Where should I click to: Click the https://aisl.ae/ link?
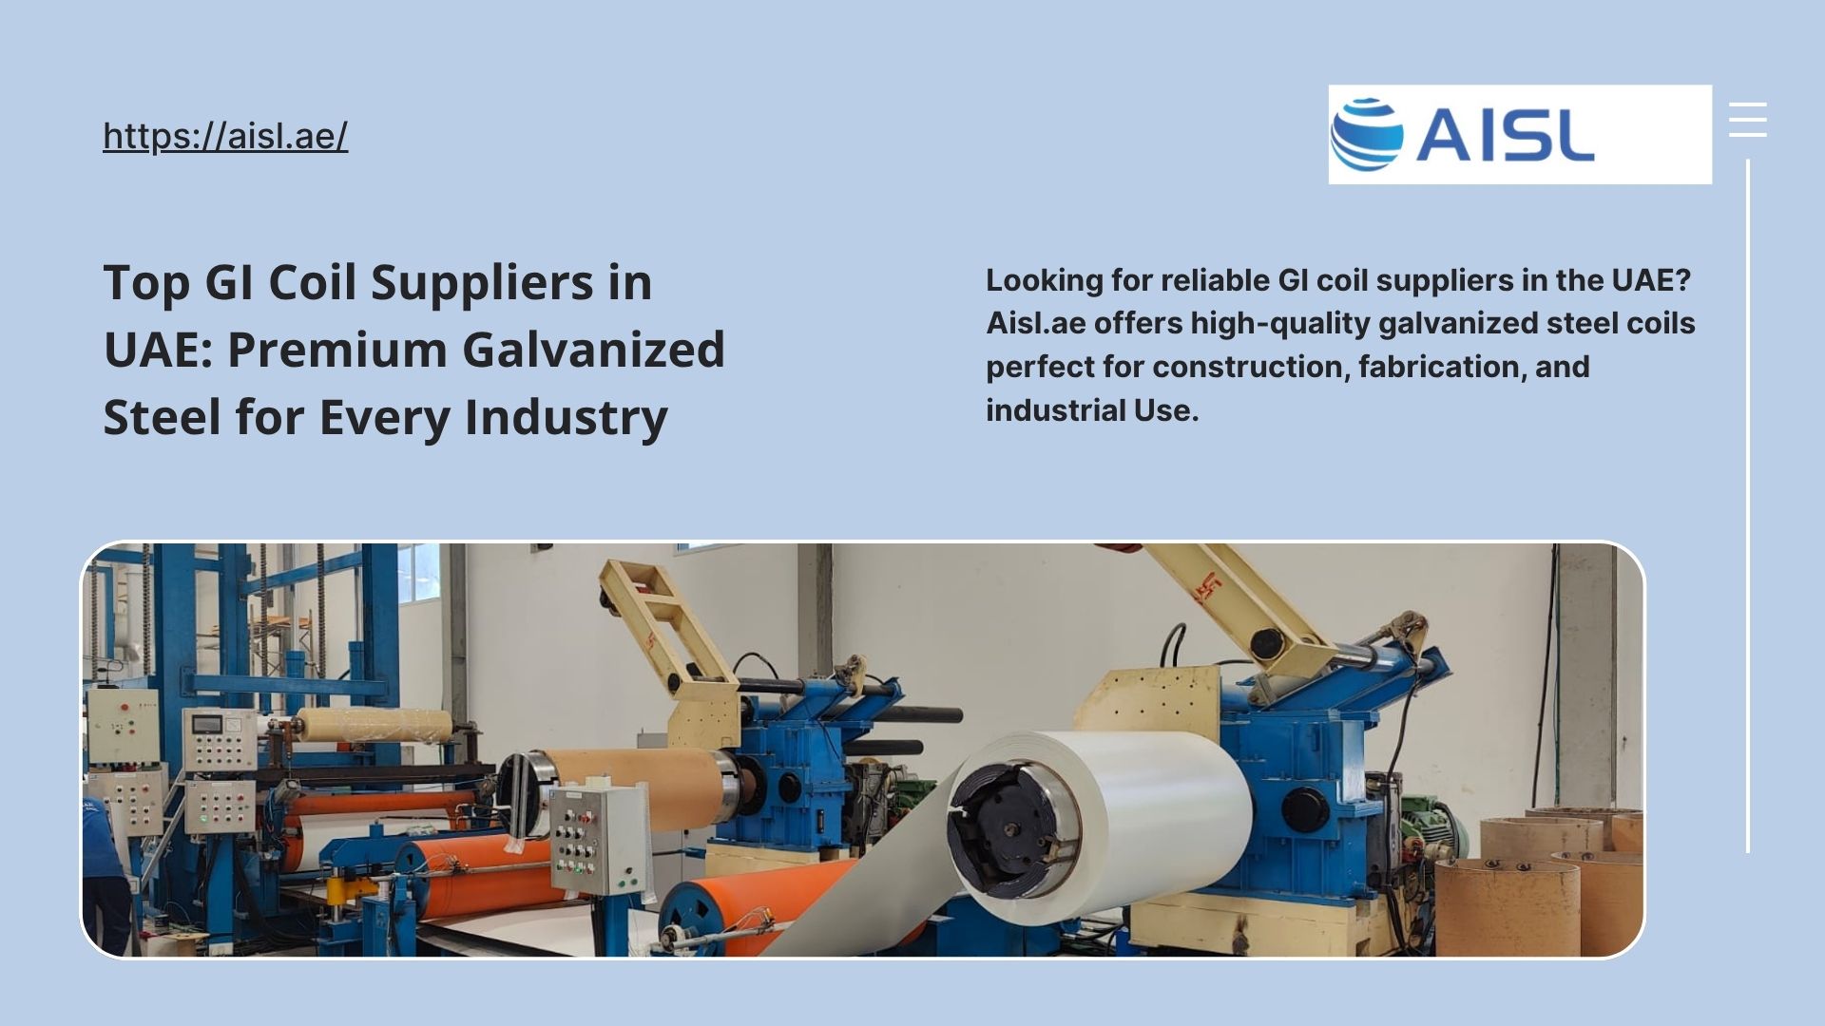pos(225,136)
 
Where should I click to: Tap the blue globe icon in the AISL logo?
pos(1367,133)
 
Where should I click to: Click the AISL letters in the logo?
pos(1505,134)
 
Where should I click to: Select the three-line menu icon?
pos(1747,120)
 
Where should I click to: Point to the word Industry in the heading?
pos(566,417)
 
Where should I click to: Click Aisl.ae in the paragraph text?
pos(1036,323)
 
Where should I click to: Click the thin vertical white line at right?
pos(1748,505)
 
